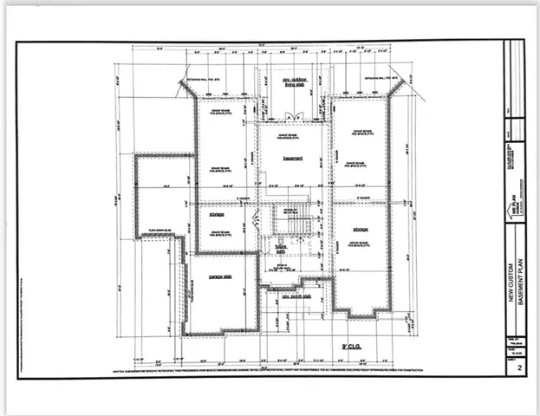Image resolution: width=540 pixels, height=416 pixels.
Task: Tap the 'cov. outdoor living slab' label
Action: [295, 82]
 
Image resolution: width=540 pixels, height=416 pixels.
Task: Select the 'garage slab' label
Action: [221, 277]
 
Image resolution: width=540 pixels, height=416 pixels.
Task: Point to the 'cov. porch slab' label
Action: [296, 296]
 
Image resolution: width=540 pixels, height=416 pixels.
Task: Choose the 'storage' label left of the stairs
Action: [217, 212]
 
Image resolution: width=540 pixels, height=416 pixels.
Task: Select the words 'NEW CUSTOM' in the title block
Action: [511, 278]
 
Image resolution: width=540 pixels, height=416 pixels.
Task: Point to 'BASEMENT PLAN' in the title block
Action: [520, 279]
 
